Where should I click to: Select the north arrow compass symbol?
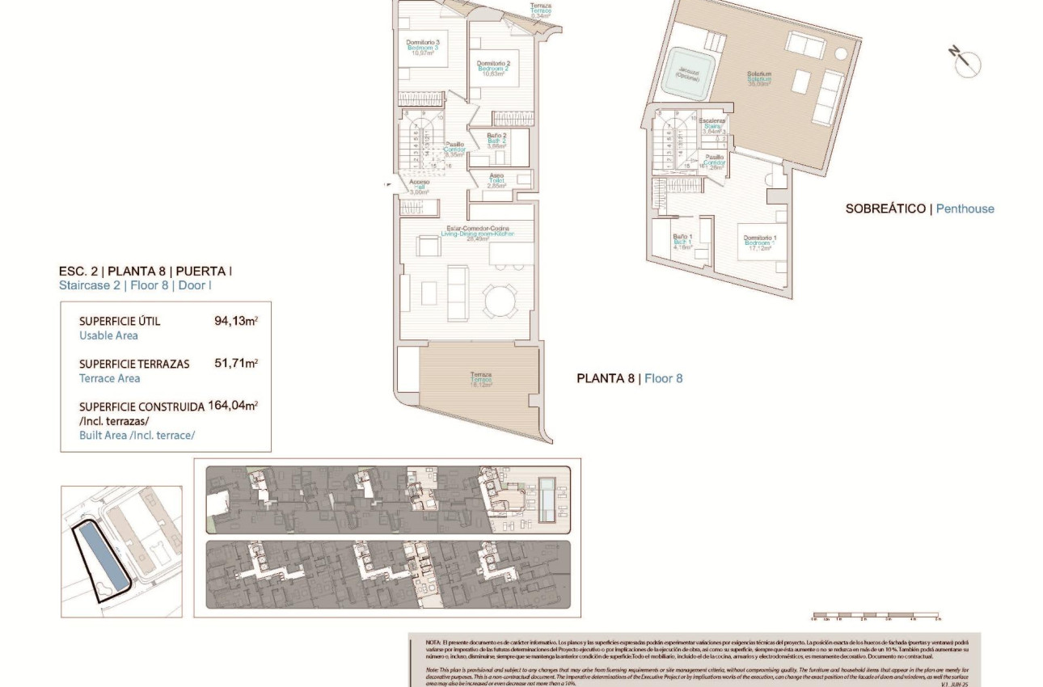(965, 62)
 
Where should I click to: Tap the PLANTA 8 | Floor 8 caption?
(629, 377)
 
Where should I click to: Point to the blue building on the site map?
(101, 558)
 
